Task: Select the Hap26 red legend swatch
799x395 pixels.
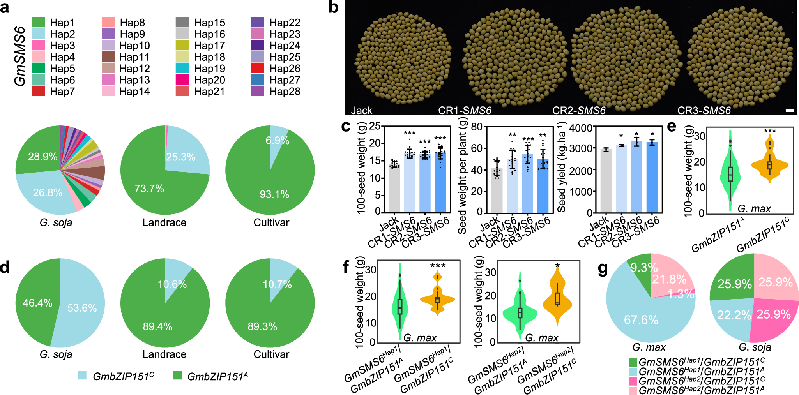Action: tap(257, 68)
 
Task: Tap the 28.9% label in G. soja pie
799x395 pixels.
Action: tap(42, 157)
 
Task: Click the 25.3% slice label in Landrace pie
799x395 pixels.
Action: tap(180, 157)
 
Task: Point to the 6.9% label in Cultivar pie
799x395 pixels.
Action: tap(277, 141)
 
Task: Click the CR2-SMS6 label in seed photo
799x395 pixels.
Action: tap(578, 111)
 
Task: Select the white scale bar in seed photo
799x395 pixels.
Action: tap(789, 111)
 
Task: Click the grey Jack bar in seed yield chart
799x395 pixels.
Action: tap(606, 181)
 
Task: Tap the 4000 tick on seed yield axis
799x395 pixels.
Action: tap(580, 128)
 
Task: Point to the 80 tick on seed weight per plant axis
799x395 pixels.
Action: tap(476, 127)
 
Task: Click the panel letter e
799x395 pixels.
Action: tap(671, 127)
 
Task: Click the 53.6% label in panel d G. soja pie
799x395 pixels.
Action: tap(82, 308)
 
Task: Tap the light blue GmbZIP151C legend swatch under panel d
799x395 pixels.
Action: tap(82, 376)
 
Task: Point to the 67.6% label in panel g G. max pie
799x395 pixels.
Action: tap(641, 320)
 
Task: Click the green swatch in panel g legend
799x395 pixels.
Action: tap(633, 362)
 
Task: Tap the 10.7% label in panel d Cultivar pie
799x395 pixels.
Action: tap(277, 284)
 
